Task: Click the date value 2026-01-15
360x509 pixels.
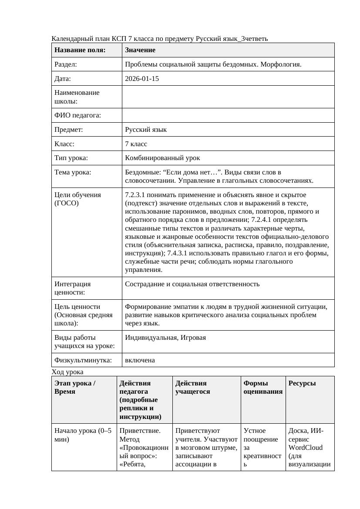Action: pos(141,79)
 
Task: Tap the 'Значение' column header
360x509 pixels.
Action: pos(140,50)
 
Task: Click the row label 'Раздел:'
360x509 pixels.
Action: pos(66,64)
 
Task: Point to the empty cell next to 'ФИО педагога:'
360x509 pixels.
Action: pos(228,115)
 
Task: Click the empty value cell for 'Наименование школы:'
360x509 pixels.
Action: pos(228,97)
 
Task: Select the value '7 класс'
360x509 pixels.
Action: pos(136,144)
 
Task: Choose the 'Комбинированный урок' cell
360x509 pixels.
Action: pos(162,158)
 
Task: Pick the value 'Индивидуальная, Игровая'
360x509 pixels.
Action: pos(165,337)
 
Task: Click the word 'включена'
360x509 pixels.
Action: pos(140,360)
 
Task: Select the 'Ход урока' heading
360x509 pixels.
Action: pos(67,372)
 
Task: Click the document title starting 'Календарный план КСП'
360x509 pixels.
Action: pos(159,39)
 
